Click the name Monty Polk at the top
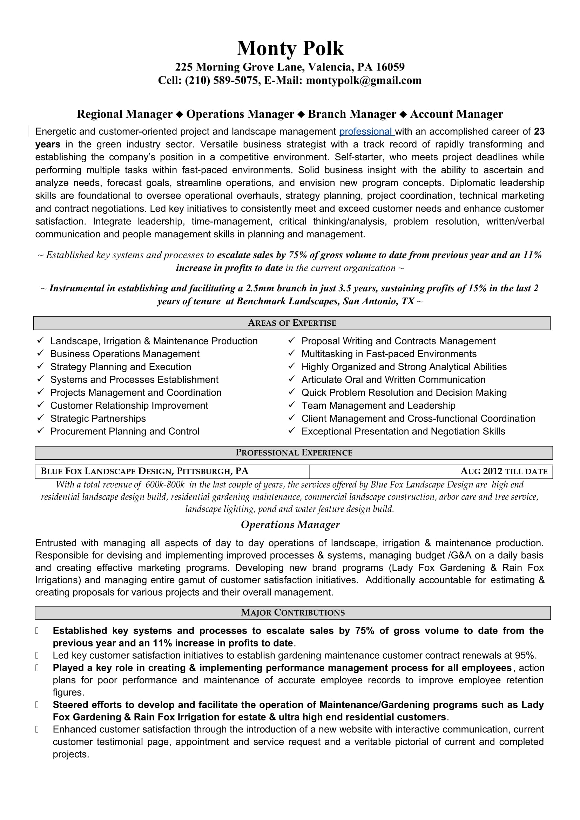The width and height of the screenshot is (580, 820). point(290,48)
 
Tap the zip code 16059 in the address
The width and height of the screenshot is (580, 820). point(390,67)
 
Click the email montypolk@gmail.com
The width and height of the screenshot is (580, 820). point(364,80)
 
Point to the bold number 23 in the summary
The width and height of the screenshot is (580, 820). point(539,131)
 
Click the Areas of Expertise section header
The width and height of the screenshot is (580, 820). point(292,323)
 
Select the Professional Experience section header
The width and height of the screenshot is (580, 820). point(294,453)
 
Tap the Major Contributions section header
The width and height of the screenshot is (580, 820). point(292,612)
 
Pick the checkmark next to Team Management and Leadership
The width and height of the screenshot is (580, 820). point(292,405)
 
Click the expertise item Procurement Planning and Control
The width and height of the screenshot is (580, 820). point(124,432)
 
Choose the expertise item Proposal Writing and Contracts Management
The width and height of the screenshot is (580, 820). point(398,341)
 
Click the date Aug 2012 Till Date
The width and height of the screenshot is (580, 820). point(504,472)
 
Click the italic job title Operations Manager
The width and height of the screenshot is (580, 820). point(290,525)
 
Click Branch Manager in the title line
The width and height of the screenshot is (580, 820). point(352,114)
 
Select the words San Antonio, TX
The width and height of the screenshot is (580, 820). point(378,301)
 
